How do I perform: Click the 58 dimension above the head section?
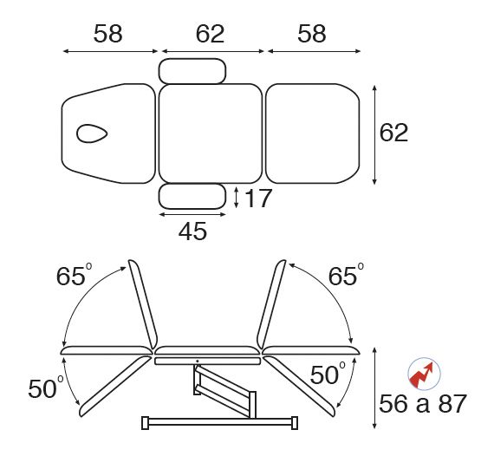click(x=107, y=34)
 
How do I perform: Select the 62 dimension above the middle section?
click(x=210, y=34)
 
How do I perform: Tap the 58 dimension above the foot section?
click(x=312, y=34)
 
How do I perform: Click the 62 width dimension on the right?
click(x=393, y=133)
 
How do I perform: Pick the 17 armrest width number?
click(x=257, y=199)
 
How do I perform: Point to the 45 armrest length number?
click(x=192, y=231)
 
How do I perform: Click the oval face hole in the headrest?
click(x=92, y=134)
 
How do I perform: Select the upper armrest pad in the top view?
click(x=192, y=71)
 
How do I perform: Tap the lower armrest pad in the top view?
click(x=192, y=197)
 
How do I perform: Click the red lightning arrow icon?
click(x=424, y=374)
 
